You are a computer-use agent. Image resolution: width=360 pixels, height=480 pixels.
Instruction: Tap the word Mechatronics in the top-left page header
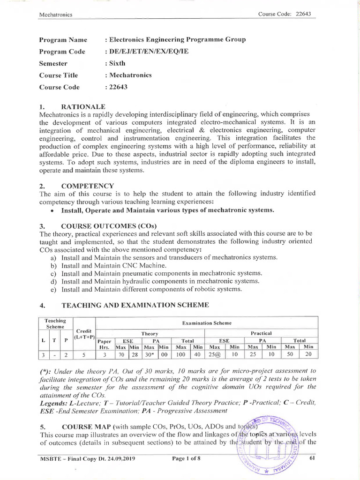56,14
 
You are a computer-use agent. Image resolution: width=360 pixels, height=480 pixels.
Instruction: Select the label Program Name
63,40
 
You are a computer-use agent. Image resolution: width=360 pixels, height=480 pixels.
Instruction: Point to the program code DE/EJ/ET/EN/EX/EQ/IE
149,52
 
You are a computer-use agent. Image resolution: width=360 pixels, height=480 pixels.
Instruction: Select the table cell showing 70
121,355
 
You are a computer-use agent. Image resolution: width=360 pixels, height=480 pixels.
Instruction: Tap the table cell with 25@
214,355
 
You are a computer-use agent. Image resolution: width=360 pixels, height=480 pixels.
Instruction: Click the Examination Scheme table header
206,323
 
